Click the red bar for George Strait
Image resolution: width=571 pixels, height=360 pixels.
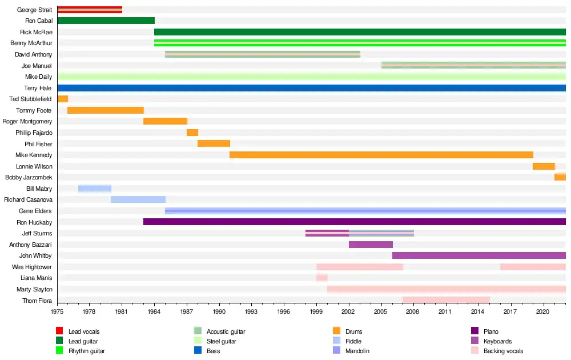click(90, 10)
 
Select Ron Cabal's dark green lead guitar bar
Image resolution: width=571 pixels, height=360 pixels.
click(106, 21)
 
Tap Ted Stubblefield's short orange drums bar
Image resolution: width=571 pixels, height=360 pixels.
click(63, 99)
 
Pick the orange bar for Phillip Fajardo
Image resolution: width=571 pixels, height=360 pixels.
click(192, 133)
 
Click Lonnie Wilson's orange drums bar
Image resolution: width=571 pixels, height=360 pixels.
click(544, 166)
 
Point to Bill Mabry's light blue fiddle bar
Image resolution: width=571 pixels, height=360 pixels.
click(95, 189)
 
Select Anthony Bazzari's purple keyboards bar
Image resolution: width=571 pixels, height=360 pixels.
click(371, 245)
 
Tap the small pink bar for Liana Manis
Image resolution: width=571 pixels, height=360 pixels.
click(322, 278)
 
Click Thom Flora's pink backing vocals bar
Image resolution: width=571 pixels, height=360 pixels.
click(446, 300)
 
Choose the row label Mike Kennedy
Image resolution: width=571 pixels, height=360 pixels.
click(34, 155)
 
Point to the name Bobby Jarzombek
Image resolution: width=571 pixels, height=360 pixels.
click(29, 177)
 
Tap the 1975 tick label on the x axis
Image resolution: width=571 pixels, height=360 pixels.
click(57, 312)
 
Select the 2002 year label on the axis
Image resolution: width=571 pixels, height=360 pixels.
click(349, 312)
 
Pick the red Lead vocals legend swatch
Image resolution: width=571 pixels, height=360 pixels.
click(59, 331)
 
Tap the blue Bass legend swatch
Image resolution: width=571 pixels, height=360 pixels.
click(198, 351)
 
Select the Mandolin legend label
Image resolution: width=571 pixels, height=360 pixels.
click(357, 351)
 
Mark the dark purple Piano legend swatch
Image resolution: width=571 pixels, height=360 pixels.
click(475, 331)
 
